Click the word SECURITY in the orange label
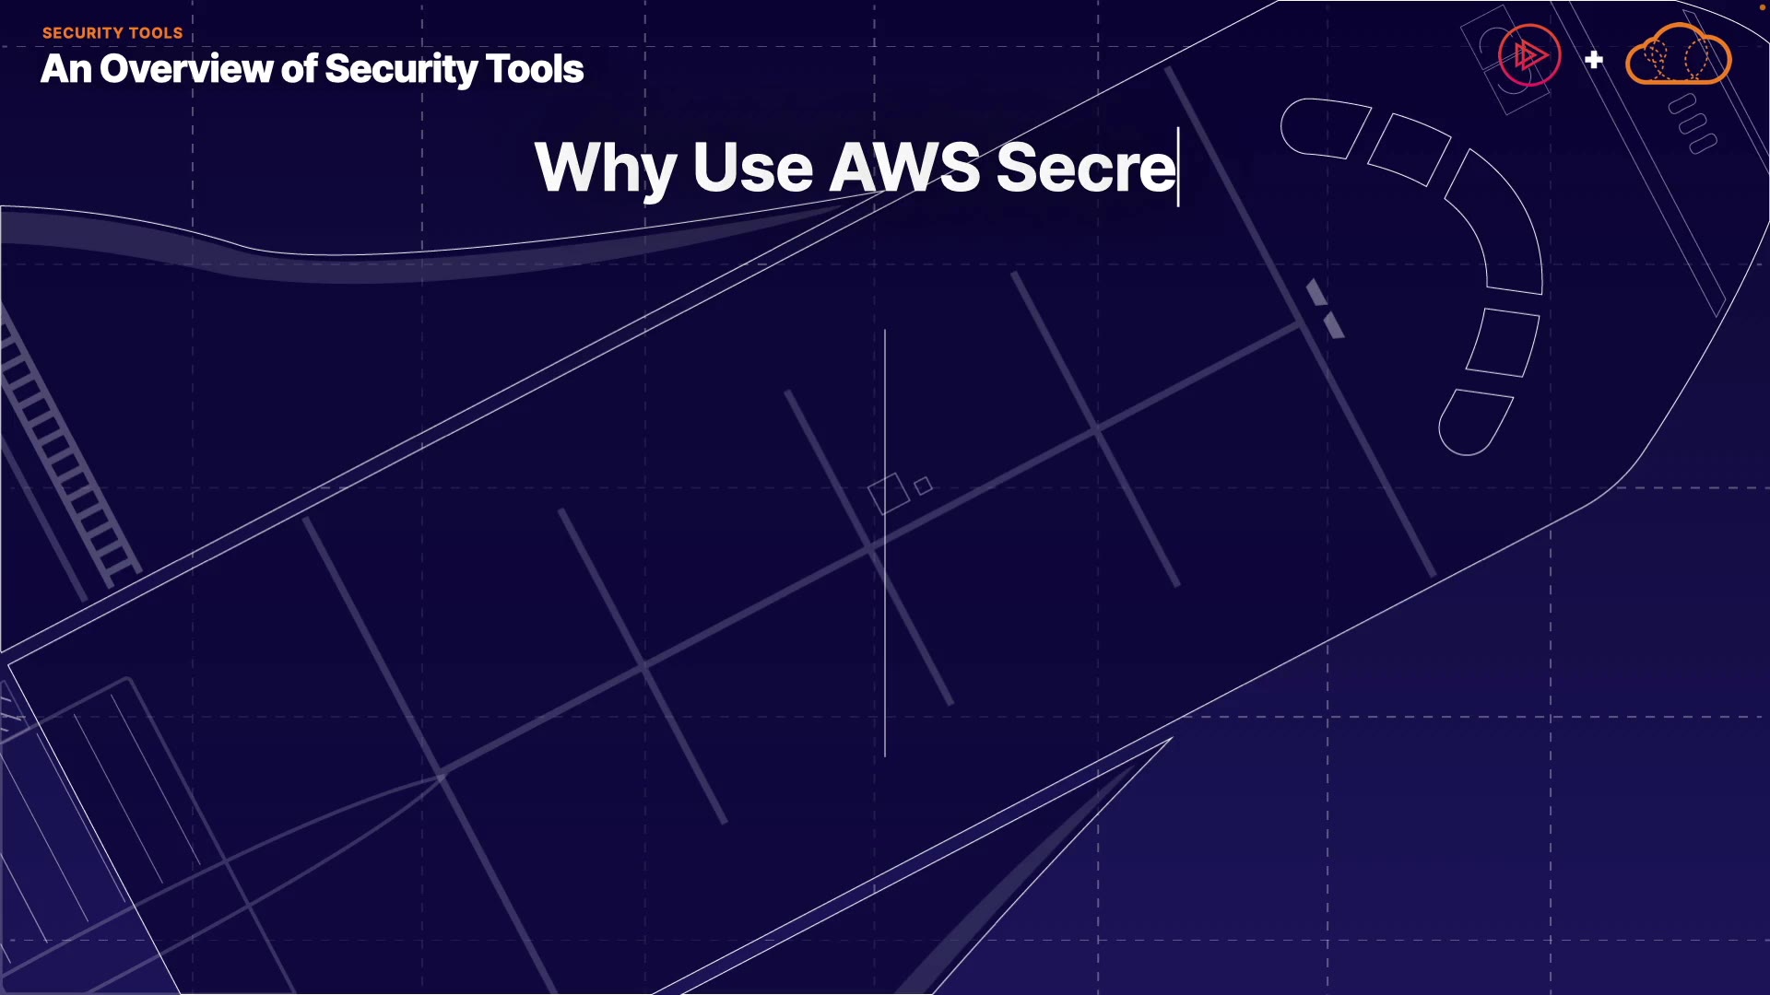pyautogui.click(x=84, y=33)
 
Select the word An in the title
pyautogui.click(x=65, y=69)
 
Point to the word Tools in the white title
pyautogui.click(x=535, y=69)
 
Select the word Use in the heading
pyautogui.click(x=752, y=169)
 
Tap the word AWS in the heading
pyautogui.click(x=904, y=169)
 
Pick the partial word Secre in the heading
pyautogui.click(x=1085, y=169)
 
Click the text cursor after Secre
pyautogui.click(x=1179, y=168)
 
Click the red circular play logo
pyautogui.click(x=1528, y=55)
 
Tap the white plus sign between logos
pyautogui.click(x=1594, y=60)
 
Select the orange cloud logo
pyautogui.click(x=1678, y=57)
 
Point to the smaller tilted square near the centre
pyautogui.click(x=924, y=486)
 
